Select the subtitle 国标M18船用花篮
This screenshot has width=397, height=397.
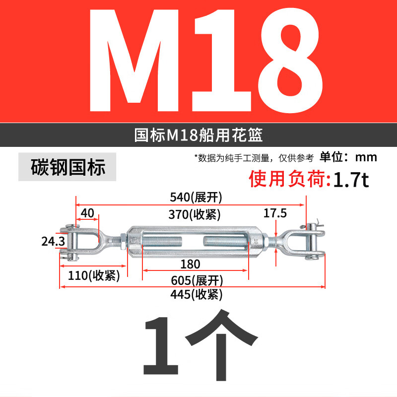click(198, 135)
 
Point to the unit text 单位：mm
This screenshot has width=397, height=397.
click(348, 158)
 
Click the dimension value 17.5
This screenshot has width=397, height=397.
click(275, 214)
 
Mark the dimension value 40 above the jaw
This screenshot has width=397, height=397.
click(87, 213)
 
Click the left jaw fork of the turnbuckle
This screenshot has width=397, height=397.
click(82, 242)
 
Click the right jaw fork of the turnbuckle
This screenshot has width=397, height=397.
click(305, 242)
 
